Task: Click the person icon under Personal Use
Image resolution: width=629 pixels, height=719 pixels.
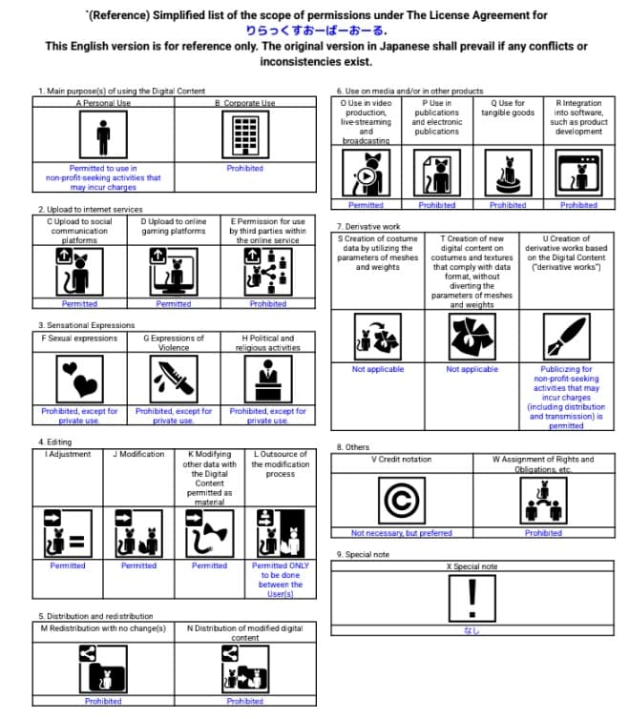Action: pos(103,136)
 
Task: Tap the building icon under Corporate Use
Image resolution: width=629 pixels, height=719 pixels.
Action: pos(244,135)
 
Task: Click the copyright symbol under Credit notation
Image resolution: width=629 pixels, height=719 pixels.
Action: pos(401,499)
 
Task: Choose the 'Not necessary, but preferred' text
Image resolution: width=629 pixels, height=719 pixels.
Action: pos(401,533)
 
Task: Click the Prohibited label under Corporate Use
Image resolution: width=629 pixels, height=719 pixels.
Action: pos(244,169)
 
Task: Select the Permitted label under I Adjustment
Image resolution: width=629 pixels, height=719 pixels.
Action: pos(67,565)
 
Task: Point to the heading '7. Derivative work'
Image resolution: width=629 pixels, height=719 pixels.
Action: pos(368,226)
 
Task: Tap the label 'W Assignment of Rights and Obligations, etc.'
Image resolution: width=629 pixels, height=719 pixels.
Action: pos(543,464)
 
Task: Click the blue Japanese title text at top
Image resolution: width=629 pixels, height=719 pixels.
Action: pos(315,30)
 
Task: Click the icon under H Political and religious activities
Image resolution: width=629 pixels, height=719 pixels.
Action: pos(267,380)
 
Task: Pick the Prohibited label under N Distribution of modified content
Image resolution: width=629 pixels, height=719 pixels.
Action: pos(244,701)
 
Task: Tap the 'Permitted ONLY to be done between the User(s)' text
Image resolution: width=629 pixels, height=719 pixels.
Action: pos(281,579)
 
